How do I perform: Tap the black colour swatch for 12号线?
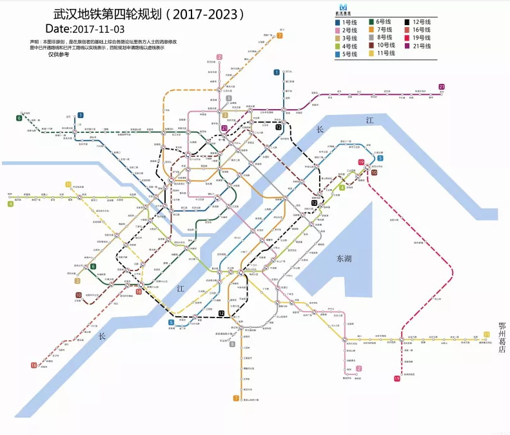(408, 23)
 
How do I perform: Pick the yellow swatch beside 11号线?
(372, 54)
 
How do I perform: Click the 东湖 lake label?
(345, 259)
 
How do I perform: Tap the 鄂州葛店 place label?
(502, 336)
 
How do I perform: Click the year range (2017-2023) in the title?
(207, 13)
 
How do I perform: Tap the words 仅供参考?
(59, 54)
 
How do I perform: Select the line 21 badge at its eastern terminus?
(442, 86)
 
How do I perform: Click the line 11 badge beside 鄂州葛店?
(487, 334)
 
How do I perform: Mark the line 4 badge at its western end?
(10, 205)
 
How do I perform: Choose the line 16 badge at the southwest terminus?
(34, 365)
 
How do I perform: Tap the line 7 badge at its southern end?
(236, 398)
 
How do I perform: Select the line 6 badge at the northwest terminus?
(19, 118)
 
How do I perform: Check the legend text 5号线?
(350, 54)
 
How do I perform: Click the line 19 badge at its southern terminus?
(397, 379)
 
